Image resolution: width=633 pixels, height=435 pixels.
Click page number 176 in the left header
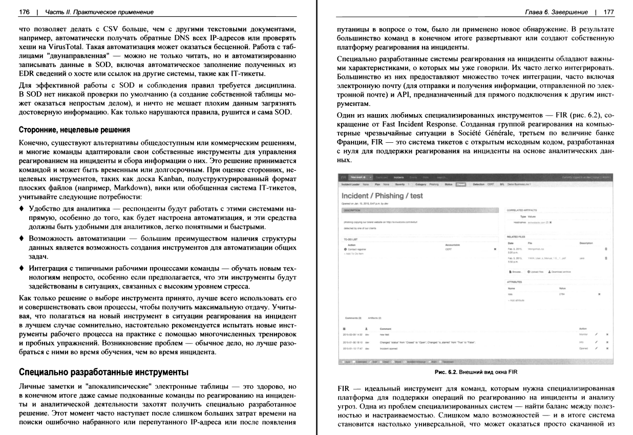[x=24, y=12]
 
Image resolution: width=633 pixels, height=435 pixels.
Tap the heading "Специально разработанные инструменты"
[x=103, y=371]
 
